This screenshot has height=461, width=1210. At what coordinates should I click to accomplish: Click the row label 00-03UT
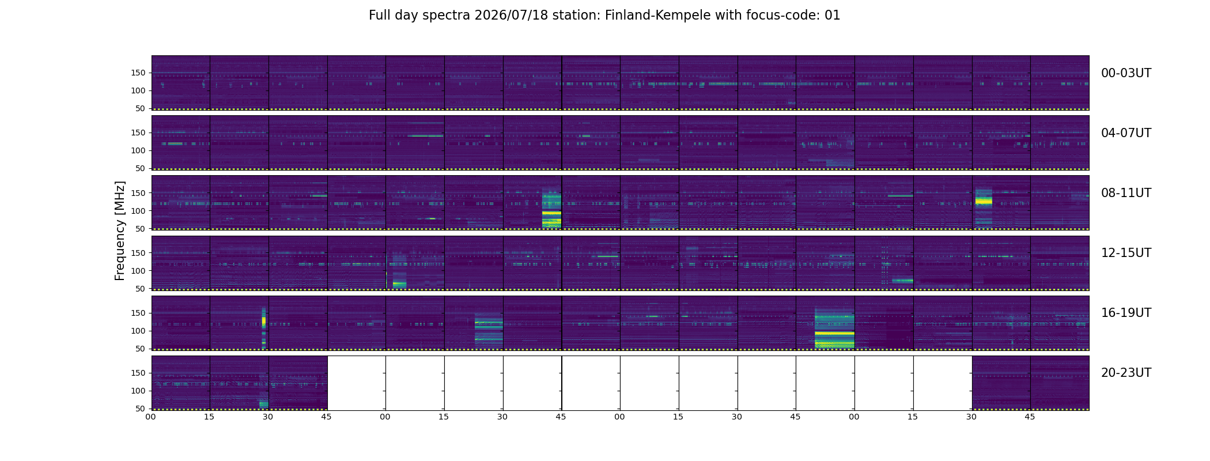point(1126,73)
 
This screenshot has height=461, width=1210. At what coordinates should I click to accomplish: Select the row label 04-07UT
point(1126,133)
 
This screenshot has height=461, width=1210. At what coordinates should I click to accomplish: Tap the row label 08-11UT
point(1126,193)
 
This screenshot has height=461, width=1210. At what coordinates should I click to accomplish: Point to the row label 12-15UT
point(1126,253)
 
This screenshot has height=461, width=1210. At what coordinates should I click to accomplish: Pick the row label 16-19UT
point(1126,313)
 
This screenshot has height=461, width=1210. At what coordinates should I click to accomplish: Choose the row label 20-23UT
point(1126,373)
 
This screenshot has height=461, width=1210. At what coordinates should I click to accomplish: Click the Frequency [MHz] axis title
point(120,231)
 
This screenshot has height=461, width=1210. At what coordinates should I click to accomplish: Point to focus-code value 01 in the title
point(833,16)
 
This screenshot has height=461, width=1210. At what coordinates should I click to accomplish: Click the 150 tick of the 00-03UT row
point(138,73)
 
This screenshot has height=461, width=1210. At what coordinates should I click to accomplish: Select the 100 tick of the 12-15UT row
point(138,271)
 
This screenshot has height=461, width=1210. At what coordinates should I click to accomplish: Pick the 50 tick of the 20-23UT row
point(141,409)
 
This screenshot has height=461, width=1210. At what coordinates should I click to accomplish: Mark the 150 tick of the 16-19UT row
point(138,313)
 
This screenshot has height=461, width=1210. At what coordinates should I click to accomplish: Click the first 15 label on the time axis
point(209,417)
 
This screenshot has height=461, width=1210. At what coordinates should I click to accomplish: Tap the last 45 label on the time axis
point(1030,417)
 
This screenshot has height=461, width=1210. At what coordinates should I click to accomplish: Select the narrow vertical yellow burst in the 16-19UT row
point(264,327)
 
